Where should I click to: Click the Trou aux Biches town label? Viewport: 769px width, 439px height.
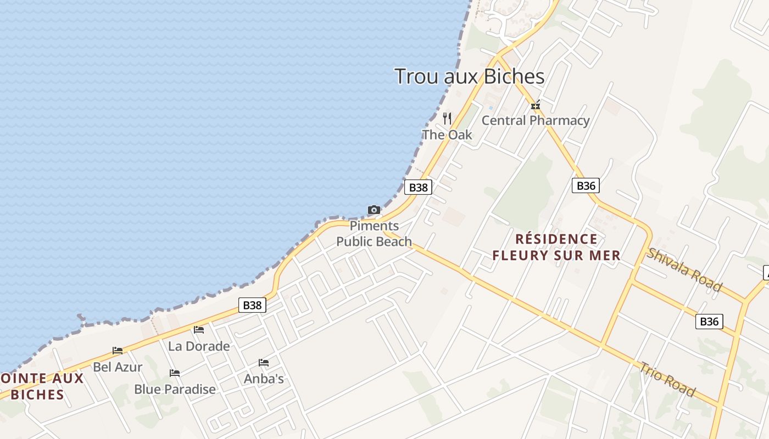coord(470,76)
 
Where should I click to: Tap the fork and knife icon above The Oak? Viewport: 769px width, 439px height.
coord(447,118)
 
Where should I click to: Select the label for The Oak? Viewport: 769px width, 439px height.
coord(447,134)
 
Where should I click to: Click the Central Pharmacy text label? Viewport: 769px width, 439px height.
coord(536,120)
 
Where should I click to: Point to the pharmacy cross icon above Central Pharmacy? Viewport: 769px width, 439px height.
coord(536,105)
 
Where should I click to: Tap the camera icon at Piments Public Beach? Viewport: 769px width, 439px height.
coord(374,210)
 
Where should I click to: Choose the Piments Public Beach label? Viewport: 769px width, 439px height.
coord(374,234)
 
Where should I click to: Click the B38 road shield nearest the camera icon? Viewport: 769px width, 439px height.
coord(419,187)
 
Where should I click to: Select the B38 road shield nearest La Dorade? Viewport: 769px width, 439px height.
coord(253,305)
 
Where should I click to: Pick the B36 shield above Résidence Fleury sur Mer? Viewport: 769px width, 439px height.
coord(586,185)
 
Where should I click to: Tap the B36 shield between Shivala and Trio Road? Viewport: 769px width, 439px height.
coord(709,321)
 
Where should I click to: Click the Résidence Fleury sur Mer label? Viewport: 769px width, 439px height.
coord(556,247)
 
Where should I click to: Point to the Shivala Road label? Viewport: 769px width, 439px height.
coord(684,269)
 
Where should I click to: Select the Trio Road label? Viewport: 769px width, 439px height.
coord(667,379)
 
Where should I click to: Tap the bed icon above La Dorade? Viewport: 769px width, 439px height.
coord(199,329)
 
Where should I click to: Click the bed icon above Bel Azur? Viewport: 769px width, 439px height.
coord(118,350)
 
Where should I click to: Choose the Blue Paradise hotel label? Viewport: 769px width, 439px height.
coord(175,389)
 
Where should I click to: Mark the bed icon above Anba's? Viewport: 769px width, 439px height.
coord(264,362)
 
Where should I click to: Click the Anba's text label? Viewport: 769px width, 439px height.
coord(264,378)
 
